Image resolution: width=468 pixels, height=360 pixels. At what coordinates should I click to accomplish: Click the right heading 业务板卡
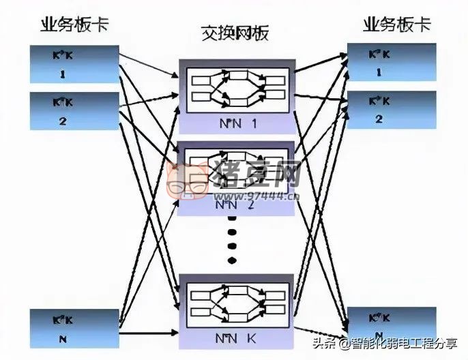(397, 25)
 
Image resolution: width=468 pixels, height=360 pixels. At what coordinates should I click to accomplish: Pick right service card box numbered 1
(392, 63)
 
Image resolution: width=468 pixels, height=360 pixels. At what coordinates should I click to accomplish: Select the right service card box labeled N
(392, 327)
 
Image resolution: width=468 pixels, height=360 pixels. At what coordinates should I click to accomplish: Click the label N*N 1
(235, 123)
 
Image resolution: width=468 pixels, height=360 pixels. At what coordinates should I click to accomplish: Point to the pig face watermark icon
(186, 182)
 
